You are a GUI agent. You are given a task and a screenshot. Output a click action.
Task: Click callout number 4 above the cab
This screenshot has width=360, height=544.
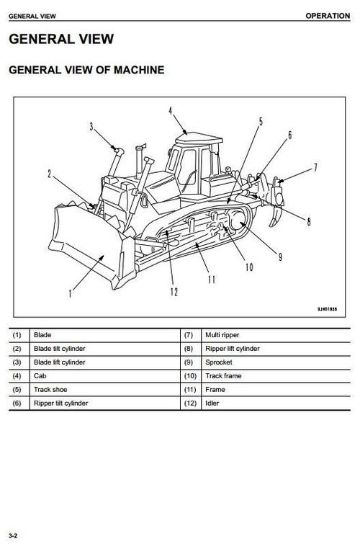(171, 111)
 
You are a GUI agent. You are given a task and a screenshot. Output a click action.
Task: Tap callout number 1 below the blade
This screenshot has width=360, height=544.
(71, 293)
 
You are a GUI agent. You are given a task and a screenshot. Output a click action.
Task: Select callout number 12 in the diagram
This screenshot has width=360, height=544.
(174, 292)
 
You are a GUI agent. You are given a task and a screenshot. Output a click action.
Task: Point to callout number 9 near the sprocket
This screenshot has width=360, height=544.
(280, 257)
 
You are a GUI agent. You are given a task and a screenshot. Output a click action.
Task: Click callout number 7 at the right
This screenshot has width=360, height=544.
(315, 168)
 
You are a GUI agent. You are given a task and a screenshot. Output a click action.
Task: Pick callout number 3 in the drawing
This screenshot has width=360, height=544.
(91, 127)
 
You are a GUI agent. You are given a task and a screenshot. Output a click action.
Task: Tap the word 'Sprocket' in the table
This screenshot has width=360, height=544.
(219, 362)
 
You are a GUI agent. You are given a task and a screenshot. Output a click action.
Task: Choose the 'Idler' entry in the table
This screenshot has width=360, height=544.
(212, 403)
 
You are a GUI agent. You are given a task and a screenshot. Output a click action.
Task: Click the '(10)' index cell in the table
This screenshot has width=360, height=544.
(190, 375)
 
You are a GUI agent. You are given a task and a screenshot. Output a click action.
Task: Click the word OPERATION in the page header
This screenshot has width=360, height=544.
(328, 16)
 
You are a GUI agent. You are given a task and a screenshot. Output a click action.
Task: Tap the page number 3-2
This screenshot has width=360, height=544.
(13, 535)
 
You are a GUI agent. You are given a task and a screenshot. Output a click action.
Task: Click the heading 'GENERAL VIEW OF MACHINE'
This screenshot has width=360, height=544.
(86, 70)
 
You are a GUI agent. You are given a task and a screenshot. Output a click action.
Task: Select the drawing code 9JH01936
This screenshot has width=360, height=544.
(327, 309)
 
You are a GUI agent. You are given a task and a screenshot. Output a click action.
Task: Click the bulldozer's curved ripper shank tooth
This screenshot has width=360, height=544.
(276, 216)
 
